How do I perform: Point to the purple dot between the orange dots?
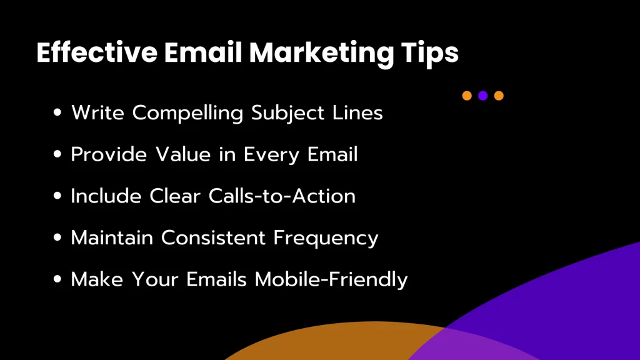pyautogui.click(x=482, y=96)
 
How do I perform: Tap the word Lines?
pyautogui.click(x=357, y=113)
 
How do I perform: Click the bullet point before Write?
pyautogui.click(x=59, y=113)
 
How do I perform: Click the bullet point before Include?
pyautogui.click(x=59, y=196)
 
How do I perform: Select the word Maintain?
pyautogui.click(x=112, y=237)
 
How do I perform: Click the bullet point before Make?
pyautogui.click(x=59, y=279)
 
